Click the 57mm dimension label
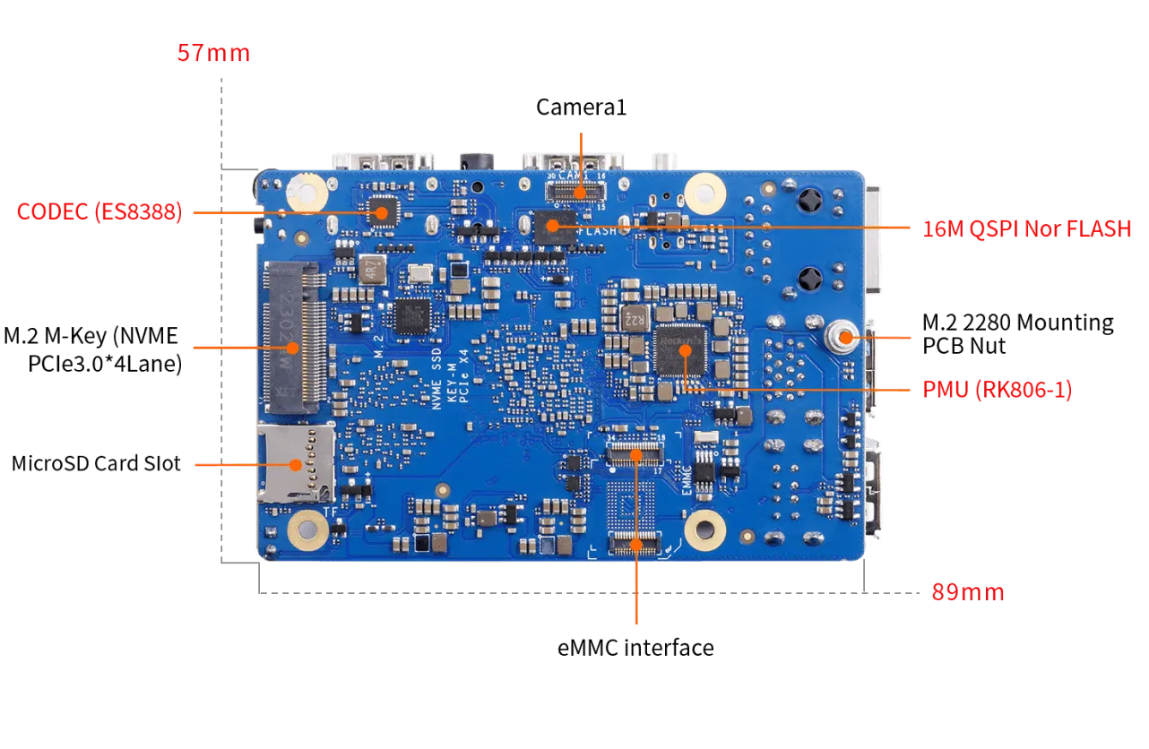click(x=213, y=54)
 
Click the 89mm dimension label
click(x=967, y=592)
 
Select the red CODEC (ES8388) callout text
click(x=99, y=212)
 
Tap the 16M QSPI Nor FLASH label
click(x=1026, y=229)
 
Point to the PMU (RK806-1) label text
click(x=997, y=391)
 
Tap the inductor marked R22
click(x=634, y=317)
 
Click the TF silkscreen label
click(x=330, y=512)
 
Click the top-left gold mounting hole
click(x=306, y=191)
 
